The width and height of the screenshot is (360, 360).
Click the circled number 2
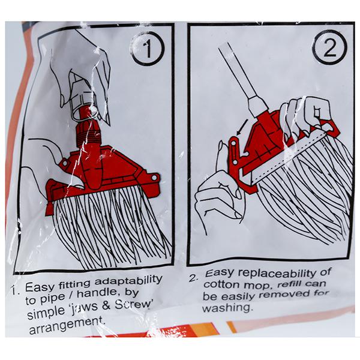pos(329,47)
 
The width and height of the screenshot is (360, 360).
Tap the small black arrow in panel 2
pos(242,127)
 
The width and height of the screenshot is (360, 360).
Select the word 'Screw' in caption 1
pos(134,305)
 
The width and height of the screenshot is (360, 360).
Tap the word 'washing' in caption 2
pos(227,307)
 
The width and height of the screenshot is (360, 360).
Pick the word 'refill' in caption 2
pos(289,284)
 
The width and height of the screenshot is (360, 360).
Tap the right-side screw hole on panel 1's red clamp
pos(154,178)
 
